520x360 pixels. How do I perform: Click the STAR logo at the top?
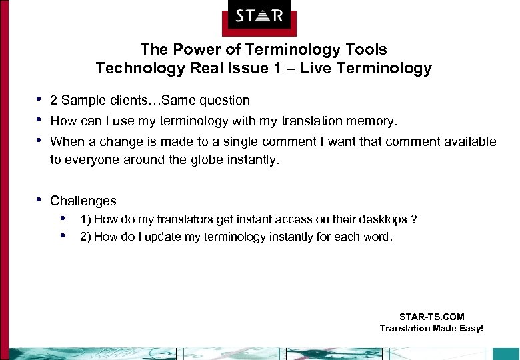point(259,15)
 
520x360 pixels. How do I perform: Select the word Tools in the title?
point(368,49)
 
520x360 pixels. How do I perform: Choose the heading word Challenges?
point(83,201)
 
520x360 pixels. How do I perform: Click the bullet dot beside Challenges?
point(40,199)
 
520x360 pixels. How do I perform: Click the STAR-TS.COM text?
point(431,317)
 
